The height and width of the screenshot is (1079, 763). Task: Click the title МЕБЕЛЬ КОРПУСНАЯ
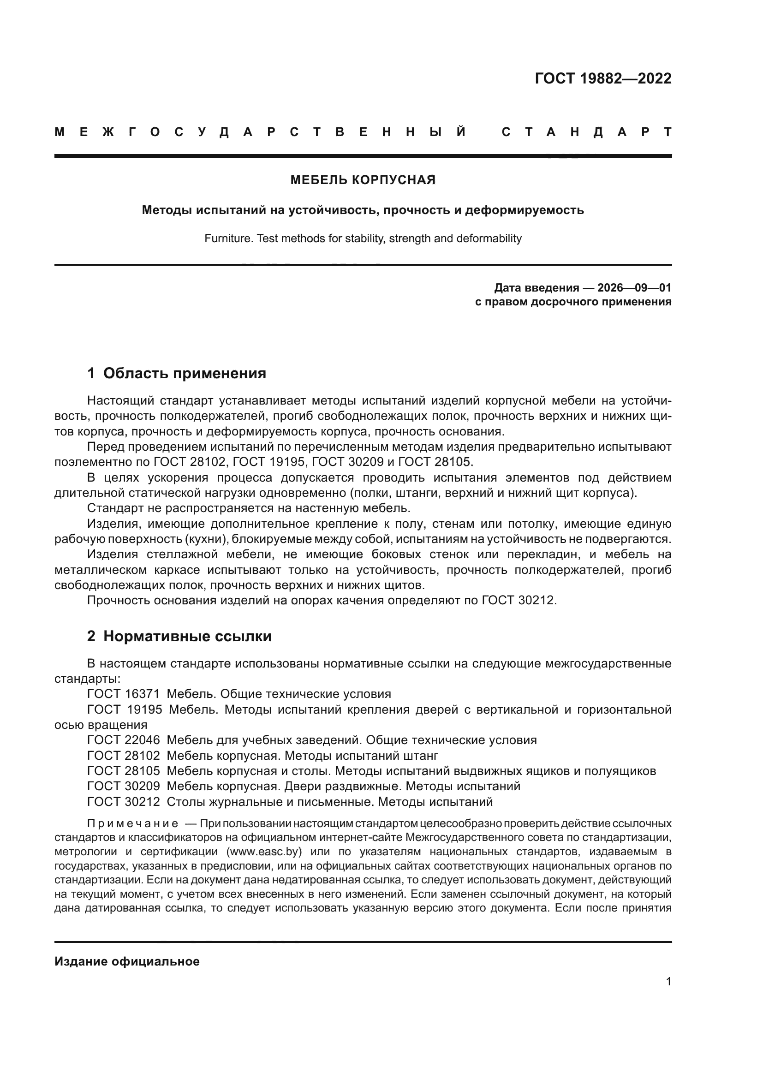(363, 180)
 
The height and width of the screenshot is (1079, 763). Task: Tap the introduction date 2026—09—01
(634, 287)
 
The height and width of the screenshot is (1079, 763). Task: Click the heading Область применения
(184, 374)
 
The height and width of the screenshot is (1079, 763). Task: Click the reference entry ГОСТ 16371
(124, 694)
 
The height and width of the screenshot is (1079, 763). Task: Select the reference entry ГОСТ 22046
(124, 740)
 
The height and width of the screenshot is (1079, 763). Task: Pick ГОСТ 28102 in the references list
(124, 756)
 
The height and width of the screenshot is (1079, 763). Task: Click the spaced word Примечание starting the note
(132, 824)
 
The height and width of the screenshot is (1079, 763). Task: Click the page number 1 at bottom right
(668, 982)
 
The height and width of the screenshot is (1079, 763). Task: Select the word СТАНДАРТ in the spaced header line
(586, 132)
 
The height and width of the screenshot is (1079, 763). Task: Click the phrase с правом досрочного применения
(573, 302)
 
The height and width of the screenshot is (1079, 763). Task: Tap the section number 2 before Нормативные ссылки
(91, 636)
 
